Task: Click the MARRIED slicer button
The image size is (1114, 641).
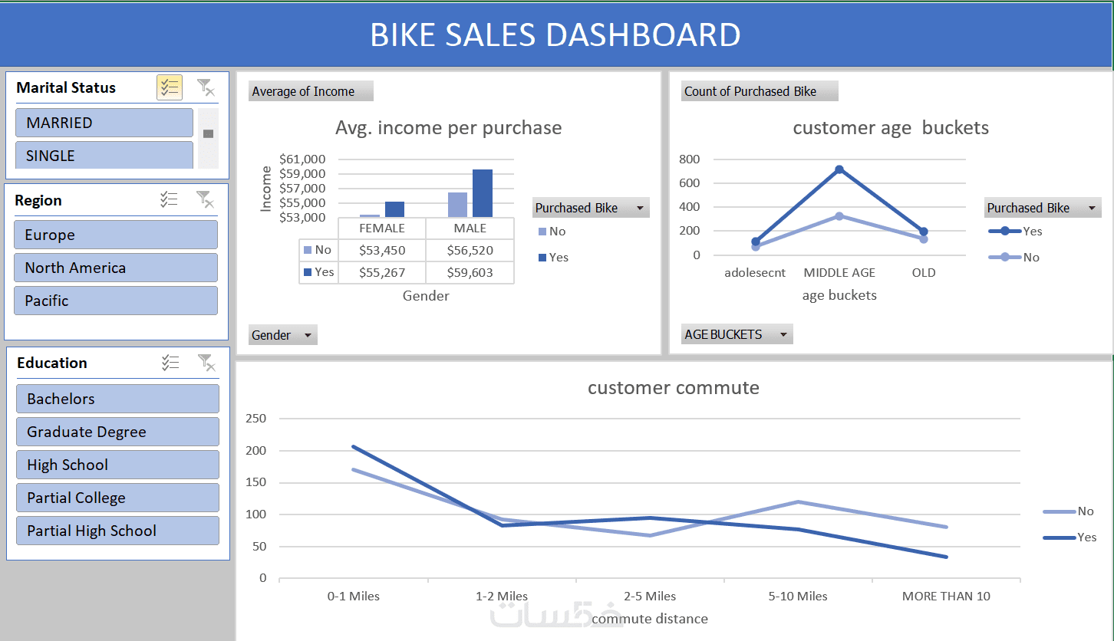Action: [104, 123]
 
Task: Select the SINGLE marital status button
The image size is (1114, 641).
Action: [104, 155]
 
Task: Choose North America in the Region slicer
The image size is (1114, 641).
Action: [115, 268]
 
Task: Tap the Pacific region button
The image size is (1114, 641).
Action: [115, 301]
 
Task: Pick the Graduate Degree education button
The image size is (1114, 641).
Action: [117, 432]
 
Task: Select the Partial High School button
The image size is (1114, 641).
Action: [117, 531]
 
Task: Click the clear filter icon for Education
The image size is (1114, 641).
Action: [205, 363]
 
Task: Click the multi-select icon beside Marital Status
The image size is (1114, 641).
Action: [169, 87]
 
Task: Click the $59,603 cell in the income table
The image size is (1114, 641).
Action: [470, 272]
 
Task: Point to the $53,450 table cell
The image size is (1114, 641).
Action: [381, 250]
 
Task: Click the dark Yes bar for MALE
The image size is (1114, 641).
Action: [482, 193]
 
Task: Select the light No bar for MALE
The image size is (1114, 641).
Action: [457, 205]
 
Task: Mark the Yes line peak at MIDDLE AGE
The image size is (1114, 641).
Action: [839, 169]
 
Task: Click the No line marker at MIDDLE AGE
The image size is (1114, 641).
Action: [839, 216]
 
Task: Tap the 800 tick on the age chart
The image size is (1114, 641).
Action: [690, 159]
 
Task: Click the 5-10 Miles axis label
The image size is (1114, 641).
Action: [798, 596]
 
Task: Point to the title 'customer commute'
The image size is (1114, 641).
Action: [673, 388]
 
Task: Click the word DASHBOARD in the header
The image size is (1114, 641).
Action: [644, 35]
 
